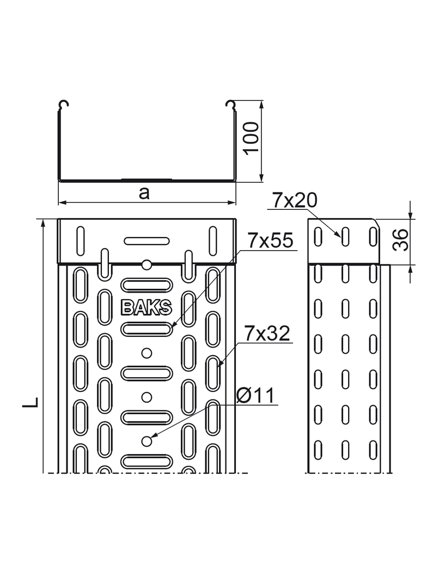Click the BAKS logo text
146,308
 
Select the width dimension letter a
144,192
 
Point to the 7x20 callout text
295,201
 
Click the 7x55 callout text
271,240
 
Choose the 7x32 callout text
267,334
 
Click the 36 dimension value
401,239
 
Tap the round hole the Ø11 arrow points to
146,440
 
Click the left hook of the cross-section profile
64,105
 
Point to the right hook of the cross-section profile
230,105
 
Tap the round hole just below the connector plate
146,265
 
